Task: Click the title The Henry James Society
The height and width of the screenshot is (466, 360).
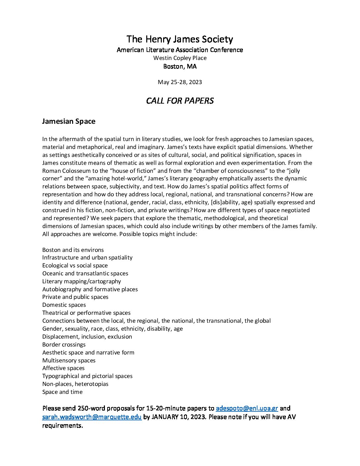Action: point(180,39)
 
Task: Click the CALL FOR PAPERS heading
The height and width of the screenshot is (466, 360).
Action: point(180,101)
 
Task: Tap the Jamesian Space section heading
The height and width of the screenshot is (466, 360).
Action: point(68,121)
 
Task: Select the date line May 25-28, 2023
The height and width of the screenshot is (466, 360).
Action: point(180,82)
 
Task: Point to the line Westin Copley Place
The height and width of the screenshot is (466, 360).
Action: point(180,58)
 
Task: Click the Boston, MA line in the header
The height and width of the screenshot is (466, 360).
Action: point(180,66)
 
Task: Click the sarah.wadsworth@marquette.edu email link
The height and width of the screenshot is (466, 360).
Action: point(92,417)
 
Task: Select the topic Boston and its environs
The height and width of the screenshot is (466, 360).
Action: point(73,250)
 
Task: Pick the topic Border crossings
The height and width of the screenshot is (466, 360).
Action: point(64,345)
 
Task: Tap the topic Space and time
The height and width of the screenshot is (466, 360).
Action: point(62,392)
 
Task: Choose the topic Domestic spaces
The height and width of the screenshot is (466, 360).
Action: point(64,305)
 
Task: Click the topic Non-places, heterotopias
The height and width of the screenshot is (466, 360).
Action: point(75,384)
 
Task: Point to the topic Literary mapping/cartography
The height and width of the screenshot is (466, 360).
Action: point(81,281)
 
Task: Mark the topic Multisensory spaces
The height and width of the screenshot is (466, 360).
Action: point(69,360)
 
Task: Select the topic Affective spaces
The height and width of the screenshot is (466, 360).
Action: point(63,368)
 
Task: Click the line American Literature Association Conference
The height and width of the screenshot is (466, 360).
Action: point(180,50)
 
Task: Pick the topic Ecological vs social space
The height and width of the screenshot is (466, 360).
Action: point(75,265)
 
